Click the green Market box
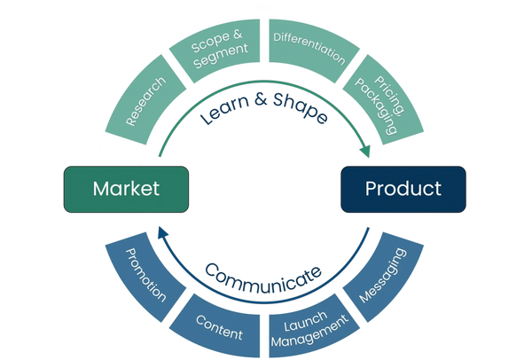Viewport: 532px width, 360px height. point(126,188)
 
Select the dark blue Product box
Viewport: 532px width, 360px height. point(403,188)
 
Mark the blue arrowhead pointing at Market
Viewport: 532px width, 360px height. point(163,229)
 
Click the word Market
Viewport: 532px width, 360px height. point(126,188)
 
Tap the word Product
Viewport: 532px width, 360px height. point(403,188)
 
